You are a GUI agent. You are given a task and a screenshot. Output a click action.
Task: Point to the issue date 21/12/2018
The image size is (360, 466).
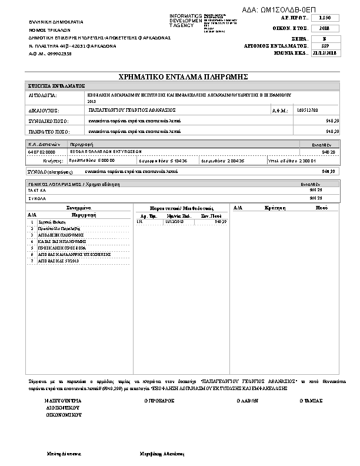[325, 52]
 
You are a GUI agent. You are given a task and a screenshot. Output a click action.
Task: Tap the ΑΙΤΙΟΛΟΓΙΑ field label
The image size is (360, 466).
[42, 94]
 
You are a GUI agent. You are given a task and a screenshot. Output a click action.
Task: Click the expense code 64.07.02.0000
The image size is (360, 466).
[41, 151]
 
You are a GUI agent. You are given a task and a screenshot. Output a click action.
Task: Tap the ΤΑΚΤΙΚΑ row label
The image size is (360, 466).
[37, 191]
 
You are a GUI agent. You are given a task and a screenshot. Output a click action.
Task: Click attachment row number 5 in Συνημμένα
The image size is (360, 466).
[32, 248]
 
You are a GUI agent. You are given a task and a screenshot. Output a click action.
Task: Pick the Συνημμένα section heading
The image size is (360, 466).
[78, 208]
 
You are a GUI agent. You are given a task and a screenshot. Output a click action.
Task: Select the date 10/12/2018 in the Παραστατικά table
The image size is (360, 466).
[174, 222]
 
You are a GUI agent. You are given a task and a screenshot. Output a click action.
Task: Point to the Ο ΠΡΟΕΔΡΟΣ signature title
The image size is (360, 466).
[159, 400]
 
